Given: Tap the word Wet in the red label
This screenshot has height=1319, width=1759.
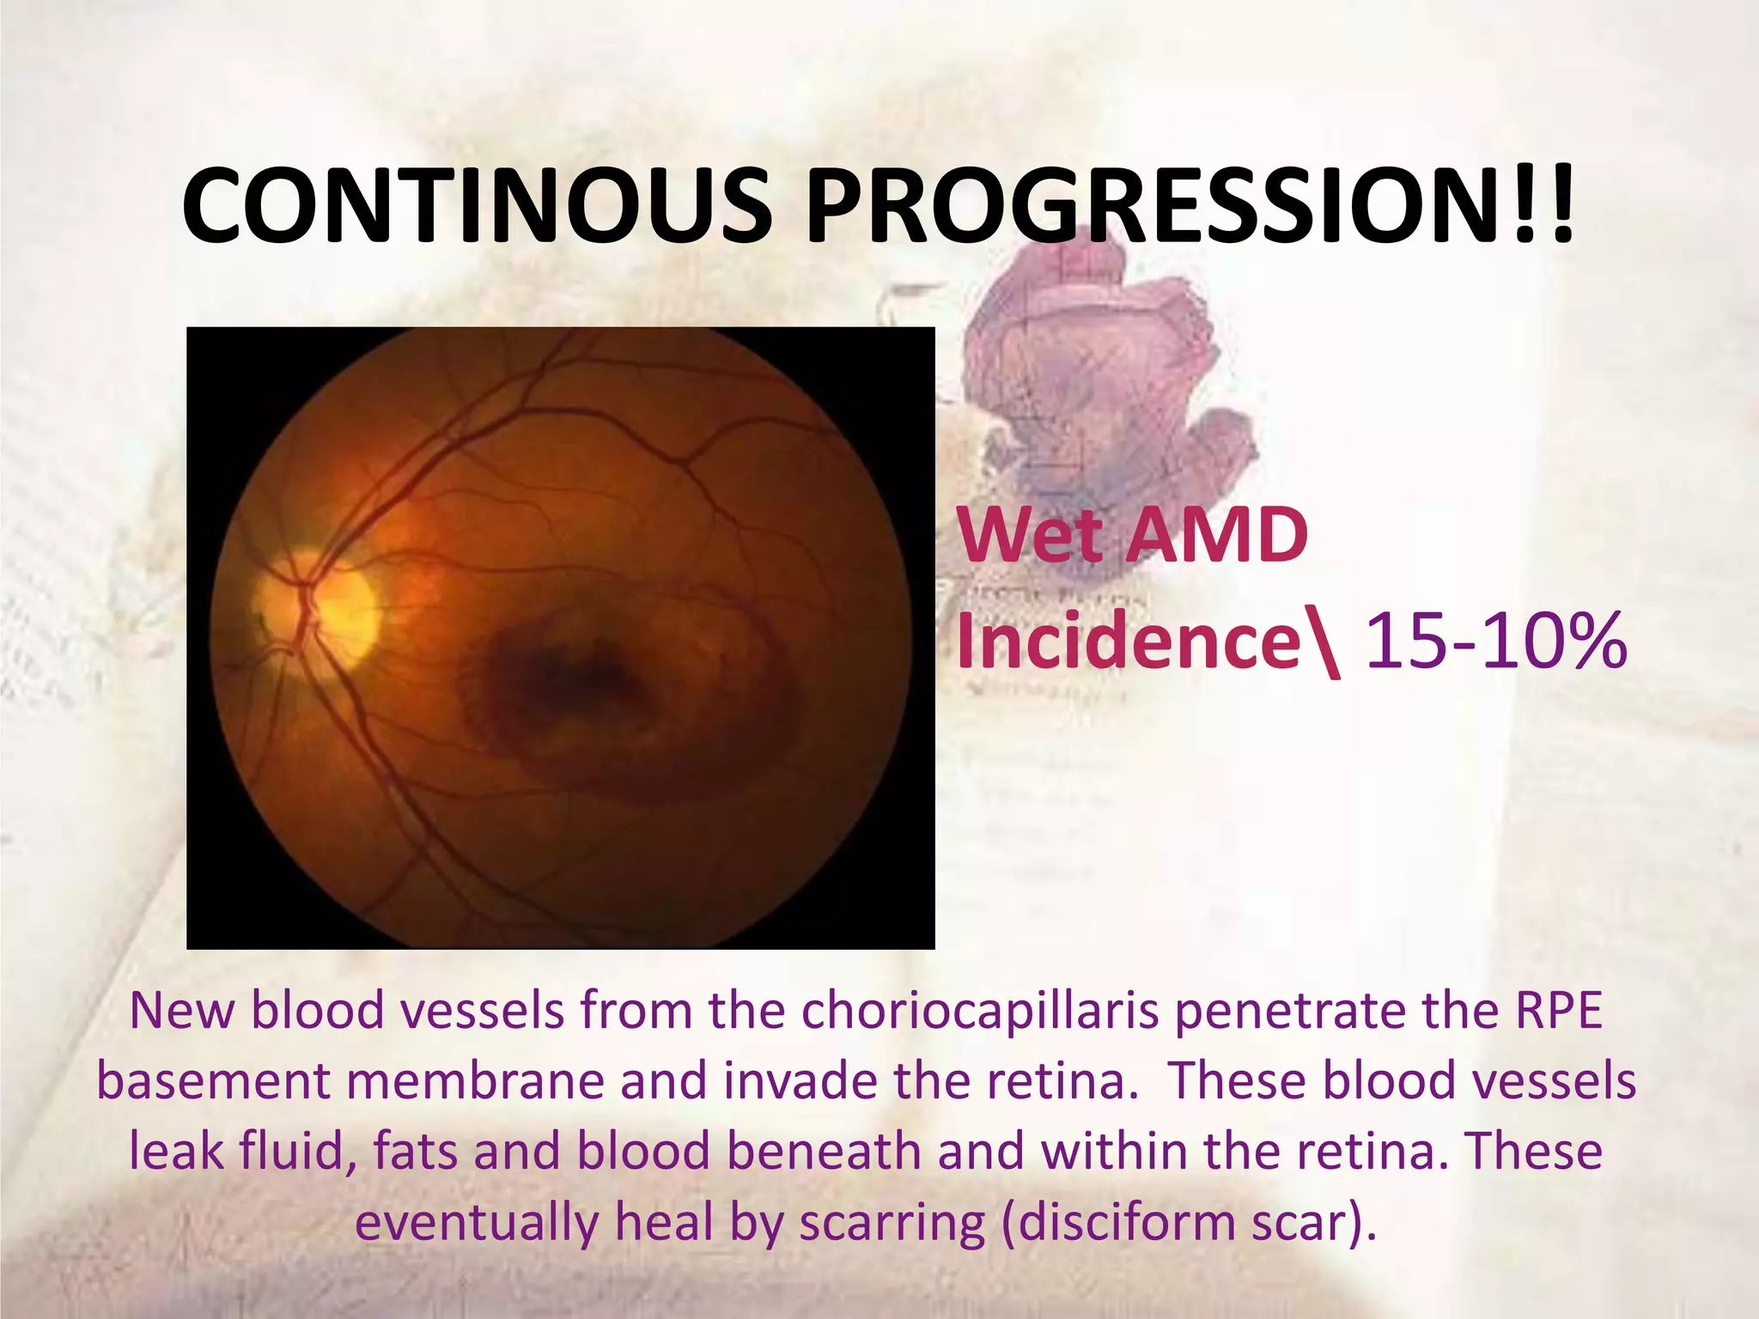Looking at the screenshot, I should click(x=1031, y=536).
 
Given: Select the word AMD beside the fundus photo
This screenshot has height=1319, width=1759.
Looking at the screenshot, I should click(x=1218, y=536).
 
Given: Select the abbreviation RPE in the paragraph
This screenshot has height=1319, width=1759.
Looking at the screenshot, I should click(x=1558, y=1011).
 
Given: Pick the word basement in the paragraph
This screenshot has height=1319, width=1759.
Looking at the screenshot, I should click(x=213, y=1081).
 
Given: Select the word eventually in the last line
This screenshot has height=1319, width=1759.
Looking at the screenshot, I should click(x=477, y=1224).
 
